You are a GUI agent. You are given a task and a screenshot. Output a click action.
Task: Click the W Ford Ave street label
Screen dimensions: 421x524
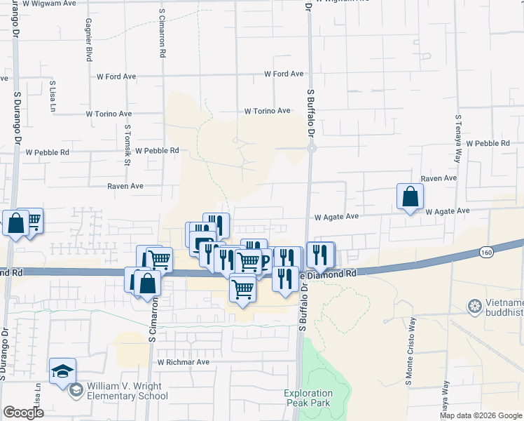pyautogui.click(x=284, y=74)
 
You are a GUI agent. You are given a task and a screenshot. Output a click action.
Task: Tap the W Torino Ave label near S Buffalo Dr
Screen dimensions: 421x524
pyautogui.click(x=267, y=111)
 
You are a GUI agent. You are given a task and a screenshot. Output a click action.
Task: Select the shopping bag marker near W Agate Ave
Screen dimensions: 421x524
pyautogui.click(x=410, y=197)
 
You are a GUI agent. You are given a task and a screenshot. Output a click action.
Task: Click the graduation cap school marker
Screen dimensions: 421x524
pyautogui.click(x=62, y=371)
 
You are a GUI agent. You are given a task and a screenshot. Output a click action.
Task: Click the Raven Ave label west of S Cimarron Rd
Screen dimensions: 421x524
pyautogui.click(x=125, y=186)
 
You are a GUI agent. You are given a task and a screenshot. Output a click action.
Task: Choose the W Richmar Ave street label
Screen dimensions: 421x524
pyautogui.click(x=184, y=362)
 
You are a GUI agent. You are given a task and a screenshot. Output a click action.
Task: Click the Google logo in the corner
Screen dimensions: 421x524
pyautogui.click(x=23, y=413)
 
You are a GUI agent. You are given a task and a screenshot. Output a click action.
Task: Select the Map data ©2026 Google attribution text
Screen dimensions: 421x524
pyautogui.click(x=481, y=415)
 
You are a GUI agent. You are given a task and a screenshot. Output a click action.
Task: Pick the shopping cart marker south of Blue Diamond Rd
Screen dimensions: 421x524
pyautogui.click(x=242, y=288)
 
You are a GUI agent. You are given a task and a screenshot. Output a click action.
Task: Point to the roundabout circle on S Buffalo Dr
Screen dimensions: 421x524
pyautogui.click(x=312, y=147)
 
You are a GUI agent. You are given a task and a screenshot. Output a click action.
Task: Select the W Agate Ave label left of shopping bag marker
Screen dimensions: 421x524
pyautogui.click(x=336, y=217)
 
